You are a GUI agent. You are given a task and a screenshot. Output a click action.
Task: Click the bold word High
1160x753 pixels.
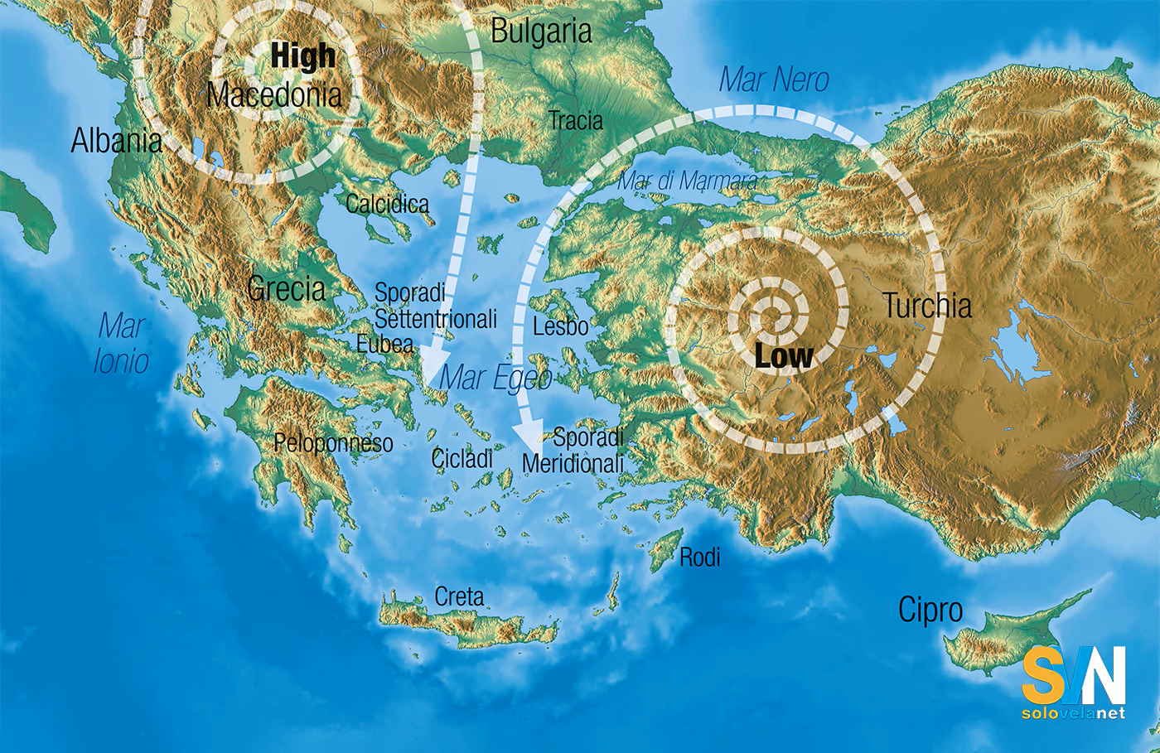tap(303, 56)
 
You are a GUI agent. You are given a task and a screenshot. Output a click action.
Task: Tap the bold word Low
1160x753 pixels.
tap(783, 356)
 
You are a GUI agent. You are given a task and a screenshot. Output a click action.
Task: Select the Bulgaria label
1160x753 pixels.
tap(541, 31)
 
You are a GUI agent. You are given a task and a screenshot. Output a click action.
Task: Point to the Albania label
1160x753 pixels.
tap(116, 141)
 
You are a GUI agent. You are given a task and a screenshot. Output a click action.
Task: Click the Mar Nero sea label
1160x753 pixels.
tap(774, 80)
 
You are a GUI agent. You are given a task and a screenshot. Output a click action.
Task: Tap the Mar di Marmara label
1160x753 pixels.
tap(688, 181)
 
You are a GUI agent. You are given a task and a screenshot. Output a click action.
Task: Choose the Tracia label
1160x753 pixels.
tap(576, 120)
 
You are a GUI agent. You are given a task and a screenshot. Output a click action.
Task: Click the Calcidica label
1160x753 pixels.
tap(388, 204)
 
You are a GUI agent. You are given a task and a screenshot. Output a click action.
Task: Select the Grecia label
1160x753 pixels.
tap(287, 288)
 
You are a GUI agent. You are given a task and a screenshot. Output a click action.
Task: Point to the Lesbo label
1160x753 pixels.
tap(560, 326)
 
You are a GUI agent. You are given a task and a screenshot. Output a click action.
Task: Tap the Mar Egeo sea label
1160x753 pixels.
tap(495, 378)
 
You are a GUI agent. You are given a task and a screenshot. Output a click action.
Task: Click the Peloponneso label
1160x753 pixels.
tap(333, 443)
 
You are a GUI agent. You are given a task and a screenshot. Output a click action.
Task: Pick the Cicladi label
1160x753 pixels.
tap(462, 457)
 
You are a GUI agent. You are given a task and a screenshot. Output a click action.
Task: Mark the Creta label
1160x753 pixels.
tap(459, 596)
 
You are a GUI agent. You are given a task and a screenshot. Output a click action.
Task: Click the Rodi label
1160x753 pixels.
tap(699, 558)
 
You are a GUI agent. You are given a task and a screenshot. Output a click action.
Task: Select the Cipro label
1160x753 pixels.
tap(930, 611)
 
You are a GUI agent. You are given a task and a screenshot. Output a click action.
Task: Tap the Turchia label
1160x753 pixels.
tap(926, 306)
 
